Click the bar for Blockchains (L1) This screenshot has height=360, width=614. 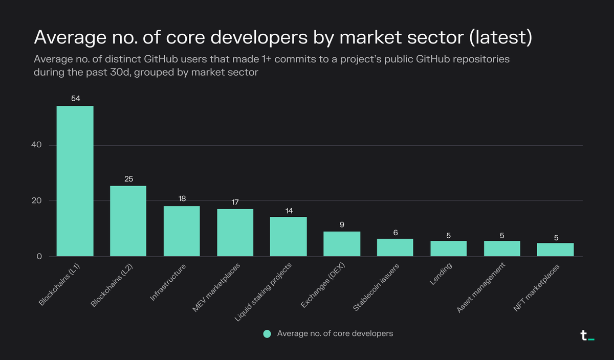point(75,181)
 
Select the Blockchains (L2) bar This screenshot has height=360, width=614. point(128,221)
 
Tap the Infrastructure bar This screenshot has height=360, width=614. point(182,231)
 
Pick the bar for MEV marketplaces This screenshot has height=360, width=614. point(235,233)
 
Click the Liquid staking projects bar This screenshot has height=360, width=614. point(288,237)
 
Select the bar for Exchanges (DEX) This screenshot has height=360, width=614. point(342,244)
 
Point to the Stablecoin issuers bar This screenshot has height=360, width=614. point(395,247)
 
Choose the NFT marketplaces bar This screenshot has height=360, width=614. point(555,250)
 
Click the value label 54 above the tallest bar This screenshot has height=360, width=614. point(75,98)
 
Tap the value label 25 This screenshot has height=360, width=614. point(128,179)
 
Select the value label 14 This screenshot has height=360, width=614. point(288,210)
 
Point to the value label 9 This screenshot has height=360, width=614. point(342,224)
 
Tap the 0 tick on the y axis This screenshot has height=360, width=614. point(38,256)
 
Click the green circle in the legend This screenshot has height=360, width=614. point(267,333)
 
